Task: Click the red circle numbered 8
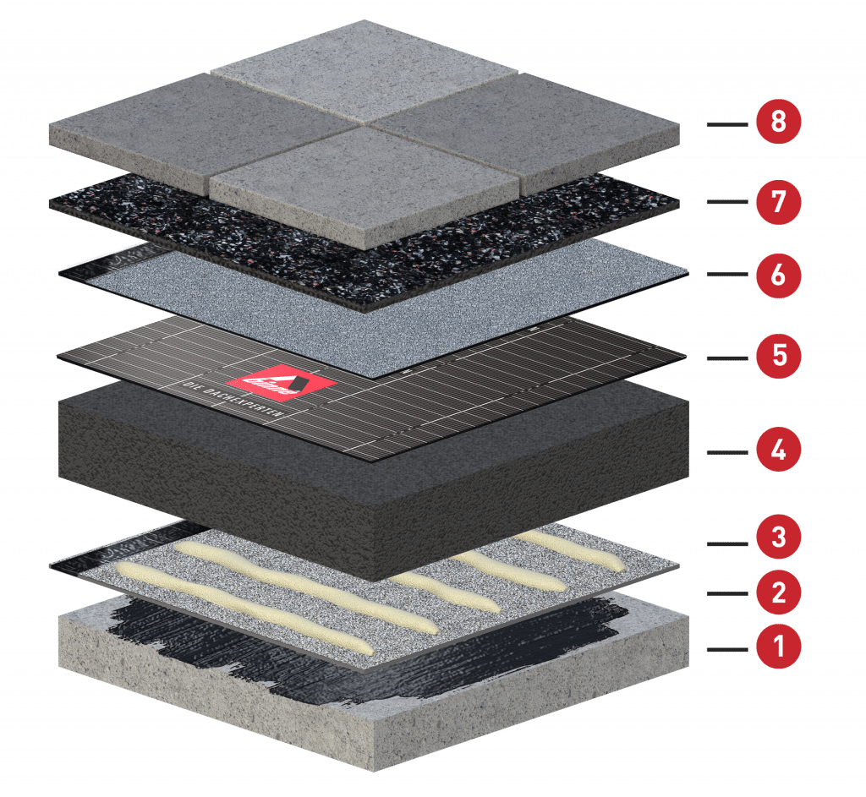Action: pos(778,122)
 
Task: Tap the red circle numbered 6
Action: pos(778,276)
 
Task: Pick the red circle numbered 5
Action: pos(778,355)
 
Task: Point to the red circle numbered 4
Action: pos(778,450)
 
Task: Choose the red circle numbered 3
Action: pos(778,537)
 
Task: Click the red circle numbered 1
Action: pos(778,648)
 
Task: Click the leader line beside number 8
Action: pos(730,125)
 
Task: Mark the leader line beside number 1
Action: pos(730,649)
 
